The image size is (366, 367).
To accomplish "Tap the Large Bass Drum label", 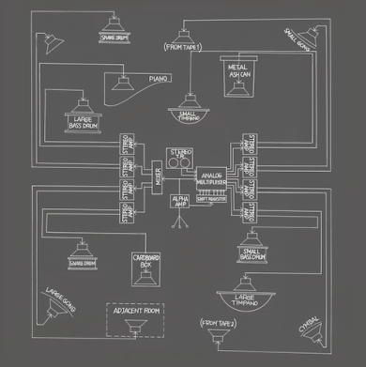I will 84,121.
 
